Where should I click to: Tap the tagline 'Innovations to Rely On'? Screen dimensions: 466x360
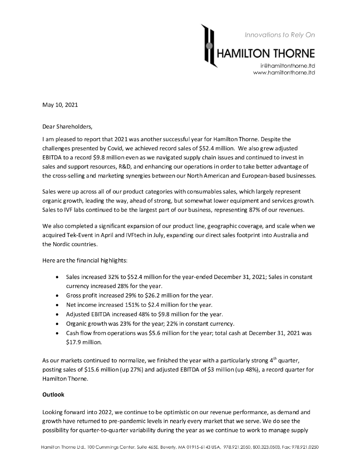279,35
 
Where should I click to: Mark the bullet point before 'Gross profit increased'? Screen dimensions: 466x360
56,295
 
